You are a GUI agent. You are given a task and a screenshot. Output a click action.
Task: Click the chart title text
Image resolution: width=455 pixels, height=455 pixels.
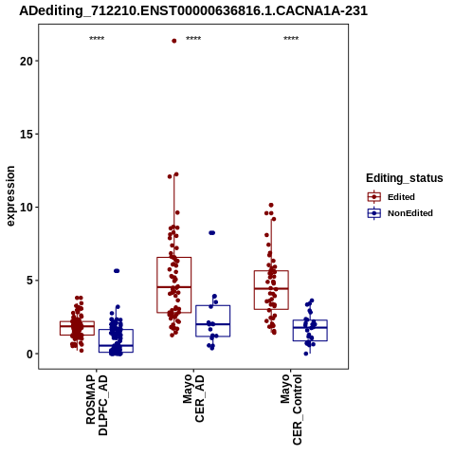coord(193,10)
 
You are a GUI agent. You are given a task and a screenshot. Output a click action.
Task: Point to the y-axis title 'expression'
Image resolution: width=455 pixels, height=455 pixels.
coord(10,196)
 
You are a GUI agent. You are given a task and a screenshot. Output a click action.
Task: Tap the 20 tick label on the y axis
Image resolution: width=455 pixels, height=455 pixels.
coord(27,61)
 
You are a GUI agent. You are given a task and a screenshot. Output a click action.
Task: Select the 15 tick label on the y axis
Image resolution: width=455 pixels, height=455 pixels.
coord(27,135)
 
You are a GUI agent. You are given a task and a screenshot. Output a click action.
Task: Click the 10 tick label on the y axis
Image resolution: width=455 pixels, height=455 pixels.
coord(27,208)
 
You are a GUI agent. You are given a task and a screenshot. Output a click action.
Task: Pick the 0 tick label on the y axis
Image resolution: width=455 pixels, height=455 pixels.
coord(29,355)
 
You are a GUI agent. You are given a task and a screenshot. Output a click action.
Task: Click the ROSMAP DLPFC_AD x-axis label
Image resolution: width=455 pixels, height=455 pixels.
coord(97,406)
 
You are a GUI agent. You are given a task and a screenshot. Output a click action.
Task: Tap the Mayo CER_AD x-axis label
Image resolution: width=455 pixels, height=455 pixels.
coord(193,398)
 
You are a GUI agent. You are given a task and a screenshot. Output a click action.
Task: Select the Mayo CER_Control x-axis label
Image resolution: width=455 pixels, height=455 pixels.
coord(291,409)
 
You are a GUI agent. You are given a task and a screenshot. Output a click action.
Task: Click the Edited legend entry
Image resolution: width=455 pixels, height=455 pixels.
coord(401,197)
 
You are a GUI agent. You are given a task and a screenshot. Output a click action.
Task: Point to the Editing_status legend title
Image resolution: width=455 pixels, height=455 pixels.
coord(405,178)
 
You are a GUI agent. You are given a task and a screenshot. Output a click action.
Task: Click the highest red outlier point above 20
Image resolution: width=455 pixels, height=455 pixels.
coord(174,41)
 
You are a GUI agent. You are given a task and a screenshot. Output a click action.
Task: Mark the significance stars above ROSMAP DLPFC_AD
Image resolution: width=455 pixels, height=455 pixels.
coord(97,39)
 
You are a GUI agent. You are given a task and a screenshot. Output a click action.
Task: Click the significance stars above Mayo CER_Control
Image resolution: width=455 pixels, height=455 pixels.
coord(291,39)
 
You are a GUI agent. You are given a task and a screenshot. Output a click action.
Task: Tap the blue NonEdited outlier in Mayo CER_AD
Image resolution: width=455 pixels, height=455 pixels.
coord(212,233)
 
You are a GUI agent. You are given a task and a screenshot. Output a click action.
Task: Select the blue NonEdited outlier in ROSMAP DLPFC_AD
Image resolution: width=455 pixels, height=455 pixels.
coord(117,271)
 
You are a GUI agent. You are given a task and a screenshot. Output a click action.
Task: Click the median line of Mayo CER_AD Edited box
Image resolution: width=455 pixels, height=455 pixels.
coord(174,287)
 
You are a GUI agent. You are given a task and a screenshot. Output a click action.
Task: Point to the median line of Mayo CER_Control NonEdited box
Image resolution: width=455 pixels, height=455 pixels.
coord(310,327)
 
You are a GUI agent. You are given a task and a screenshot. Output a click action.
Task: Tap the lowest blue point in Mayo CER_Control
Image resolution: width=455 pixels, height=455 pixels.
coord(306,354)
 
